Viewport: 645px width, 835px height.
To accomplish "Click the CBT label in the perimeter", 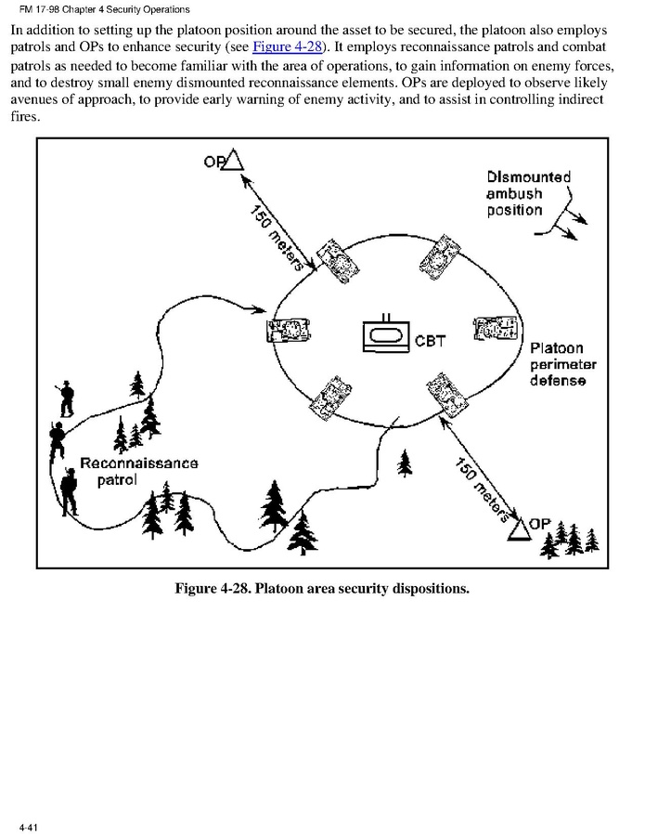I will click(430, 340).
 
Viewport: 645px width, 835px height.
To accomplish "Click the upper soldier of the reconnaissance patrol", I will click(66, 398).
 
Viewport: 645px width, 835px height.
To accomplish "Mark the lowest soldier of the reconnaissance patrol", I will click(69, 490).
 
